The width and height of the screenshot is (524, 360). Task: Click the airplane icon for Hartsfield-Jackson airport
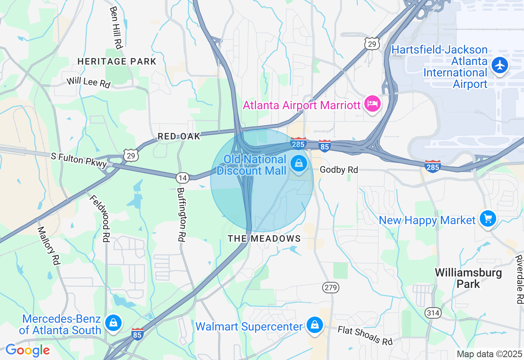pyautogui.click(x=500, y=65)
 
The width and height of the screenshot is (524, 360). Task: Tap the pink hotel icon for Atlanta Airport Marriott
pyautogui.click(x=372, y=104)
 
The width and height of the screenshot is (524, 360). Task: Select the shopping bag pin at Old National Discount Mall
pyautogui.click(x=299, y=164)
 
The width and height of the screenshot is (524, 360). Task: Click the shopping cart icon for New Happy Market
pyautogui.click(x=488, y=219)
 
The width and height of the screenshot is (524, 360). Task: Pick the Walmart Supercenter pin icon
pyautogui.click(x=314, y=325)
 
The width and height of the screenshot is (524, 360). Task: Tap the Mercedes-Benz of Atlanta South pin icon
pyautogui.click(x=113, y=323)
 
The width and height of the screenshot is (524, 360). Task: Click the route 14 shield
pyautogui.click(x=183, y=178)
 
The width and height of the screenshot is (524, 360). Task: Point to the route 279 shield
pyautogui.click(x=330, y=288)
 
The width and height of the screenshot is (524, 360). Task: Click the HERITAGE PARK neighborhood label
pyautogui.click(x=117, y=61)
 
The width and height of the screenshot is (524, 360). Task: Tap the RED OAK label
pyautogui.click(x=179, y=136)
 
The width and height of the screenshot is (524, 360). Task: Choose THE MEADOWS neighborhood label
pyautogui.click(x=264, y=239)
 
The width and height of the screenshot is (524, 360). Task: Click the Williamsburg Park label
pyautogui.click(x=468, y=278)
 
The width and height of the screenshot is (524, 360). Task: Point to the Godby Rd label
pyautogui.click(x=339, y=169)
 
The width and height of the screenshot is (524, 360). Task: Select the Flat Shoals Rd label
pyautogui.click(x=365, y=335)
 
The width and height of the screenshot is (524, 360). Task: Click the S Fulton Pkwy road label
pyautogui.click(x=79, y=160)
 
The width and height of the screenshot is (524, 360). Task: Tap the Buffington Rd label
pyautogui.click(x=181, y=214)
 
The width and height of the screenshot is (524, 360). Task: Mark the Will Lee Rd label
pyautogui.click(x=88, y=82)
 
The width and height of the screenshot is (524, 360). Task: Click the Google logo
pyautogui.click(x=27, y=350)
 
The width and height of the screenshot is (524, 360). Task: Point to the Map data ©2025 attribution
pyautogui.click(x=489, y=354)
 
